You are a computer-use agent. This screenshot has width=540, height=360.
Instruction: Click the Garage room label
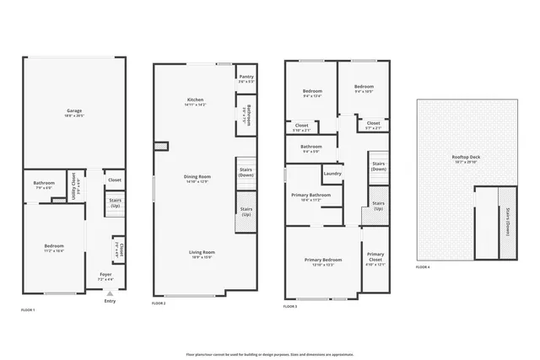[x=74, y=111]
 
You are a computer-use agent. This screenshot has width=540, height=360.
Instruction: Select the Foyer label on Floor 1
[x=105, y=274]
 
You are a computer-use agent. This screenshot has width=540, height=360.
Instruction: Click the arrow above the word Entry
[x=109, y=293]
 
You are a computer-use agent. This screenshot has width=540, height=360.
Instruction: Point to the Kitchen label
[x=195, y=99]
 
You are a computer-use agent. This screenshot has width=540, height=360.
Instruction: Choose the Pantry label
[x=246, y=77]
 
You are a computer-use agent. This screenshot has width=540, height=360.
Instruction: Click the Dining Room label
[x=197, y=177]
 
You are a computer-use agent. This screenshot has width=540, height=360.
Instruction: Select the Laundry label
[x=332, y=174]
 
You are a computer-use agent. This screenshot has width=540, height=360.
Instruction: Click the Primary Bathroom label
[x=311, y=195]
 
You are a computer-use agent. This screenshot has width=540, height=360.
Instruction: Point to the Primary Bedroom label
[x=323, y=260]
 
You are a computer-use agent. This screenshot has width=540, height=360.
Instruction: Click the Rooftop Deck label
[x=466, y=158]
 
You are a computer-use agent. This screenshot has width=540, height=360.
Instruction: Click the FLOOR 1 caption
[x=28, y=310]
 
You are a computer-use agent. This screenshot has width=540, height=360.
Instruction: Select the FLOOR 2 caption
[x=159, y=303]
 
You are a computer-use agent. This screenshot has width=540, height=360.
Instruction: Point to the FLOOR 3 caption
[x=290, y=307]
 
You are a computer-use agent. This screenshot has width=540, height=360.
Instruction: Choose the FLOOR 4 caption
[x=423, y=267]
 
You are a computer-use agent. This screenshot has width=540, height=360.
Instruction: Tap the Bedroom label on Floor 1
[x=54, y=246]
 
